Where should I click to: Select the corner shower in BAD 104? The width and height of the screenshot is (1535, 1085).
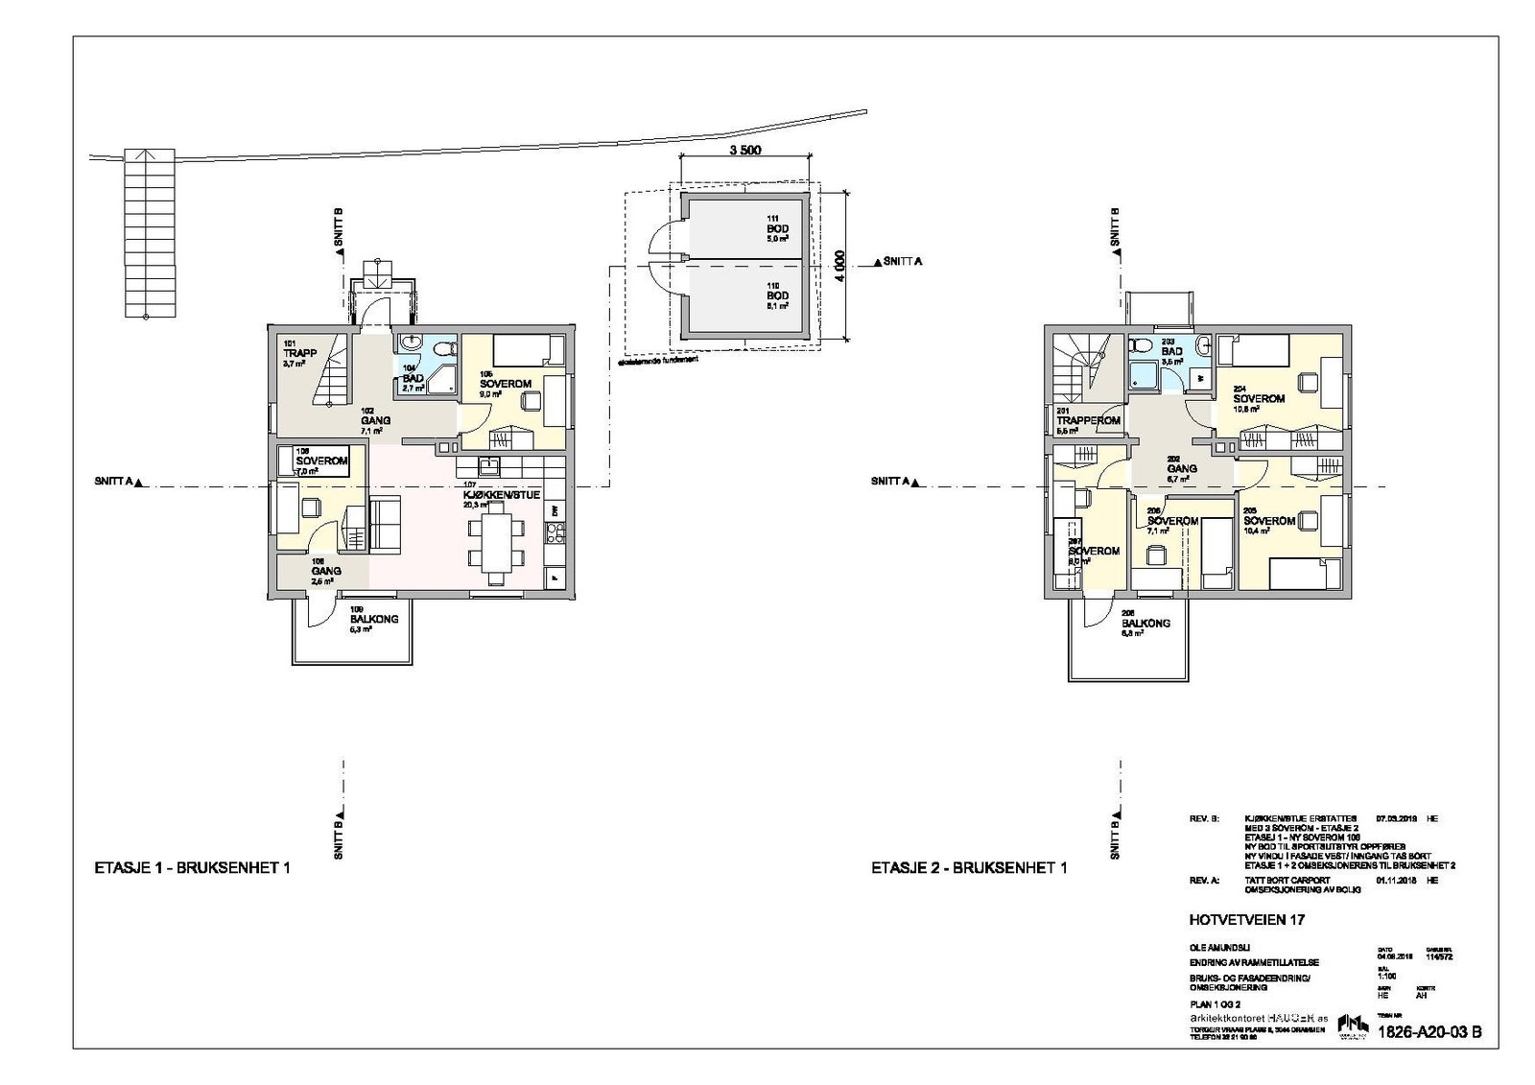[440, 380]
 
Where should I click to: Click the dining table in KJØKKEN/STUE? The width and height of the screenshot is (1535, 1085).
[496, 542]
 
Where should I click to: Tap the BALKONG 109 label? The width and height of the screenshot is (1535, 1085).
[373, 623]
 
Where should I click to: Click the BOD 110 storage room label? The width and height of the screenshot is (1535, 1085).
[777, 296]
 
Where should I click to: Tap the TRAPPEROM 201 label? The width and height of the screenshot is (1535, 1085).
[1088, 420]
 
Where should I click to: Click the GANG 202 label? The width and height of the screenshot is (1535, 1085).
[1181, 469]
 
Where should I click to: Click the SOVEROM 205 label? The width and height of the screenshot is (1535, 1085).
[1269, 521]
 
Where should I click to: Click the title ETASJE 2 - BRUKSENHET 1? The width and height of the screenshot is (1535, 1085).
[969, 868]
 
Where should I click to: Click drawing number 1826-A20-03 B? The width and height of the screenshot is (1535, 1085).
[1429, 1032]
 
